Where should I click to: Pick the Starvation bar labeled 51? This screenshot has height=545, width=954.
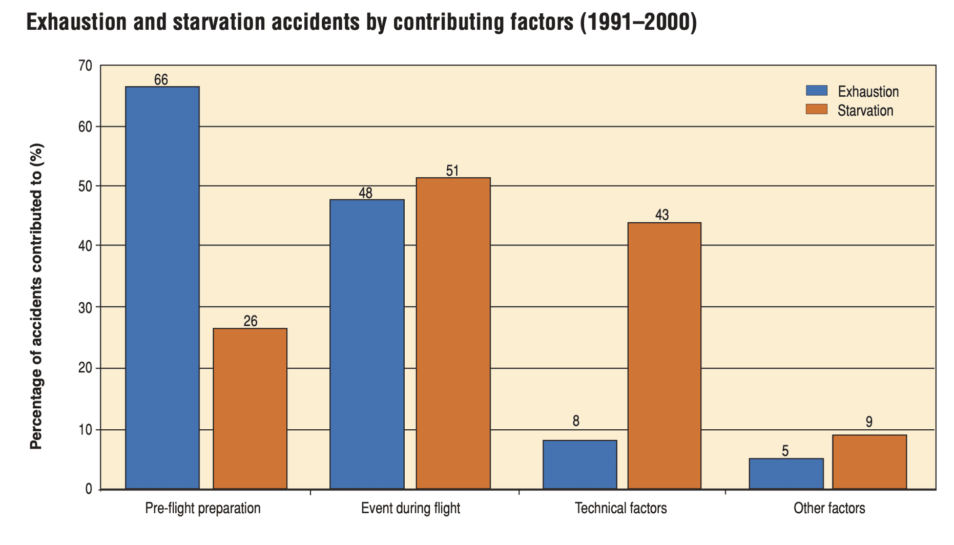tap(453, 333)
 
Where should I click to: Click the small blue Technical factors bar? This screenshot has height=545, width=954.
tap(580, 465)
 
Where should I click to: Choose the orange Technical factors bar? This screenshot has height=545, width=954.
tap(665, 356)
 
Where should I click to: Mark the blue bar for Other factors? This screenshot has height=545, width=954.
tap(786, 474)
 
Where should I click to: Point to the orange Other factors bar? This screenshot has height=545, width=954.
tap(869, 462)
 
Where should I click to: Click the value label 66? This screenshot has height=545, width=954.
tap(161, 80)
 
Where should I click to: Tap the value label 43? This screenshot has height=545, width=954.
tap(662, 215)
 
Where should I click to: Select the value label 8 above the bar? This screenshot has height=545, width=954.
tap(576, 421)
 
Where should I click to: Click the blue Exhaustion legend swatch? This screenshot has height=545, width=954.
tap(817, 91)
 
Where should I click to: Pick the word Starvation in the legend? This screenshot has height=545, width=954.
tap(865, 111)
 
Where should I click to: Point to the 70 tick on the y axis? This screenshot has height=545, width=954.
tap(86, 66)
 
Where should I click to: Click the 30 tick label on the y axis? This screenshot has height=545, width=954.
tap(86, 308)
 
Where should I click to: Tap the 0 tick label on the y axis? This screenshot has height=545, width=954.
tap(89, 489)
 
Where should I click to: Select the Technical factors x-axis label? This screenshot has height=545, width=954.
tap(620, 508)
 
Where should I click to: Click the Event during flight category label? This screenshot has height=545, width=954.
tap(410, 508)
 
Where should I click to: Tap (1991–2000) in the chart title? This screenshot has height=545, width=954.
tap(638, 22)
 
